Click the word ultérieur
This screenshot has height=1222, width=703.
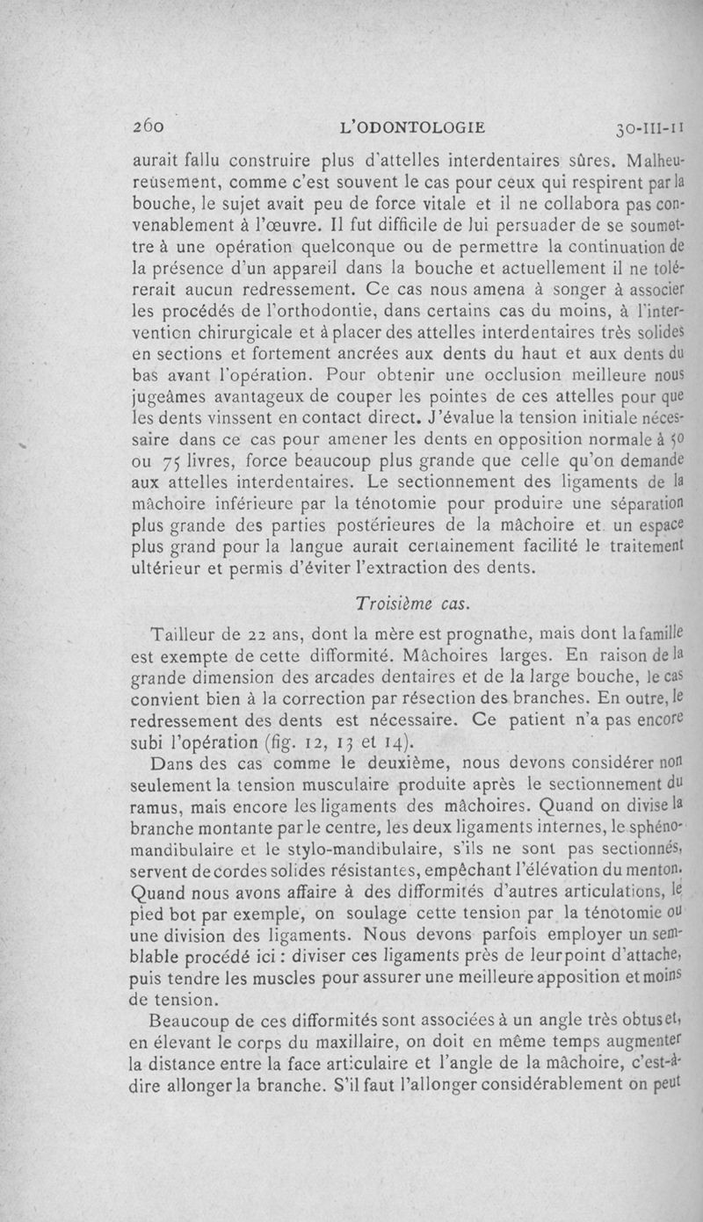(x=170, y=572)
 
